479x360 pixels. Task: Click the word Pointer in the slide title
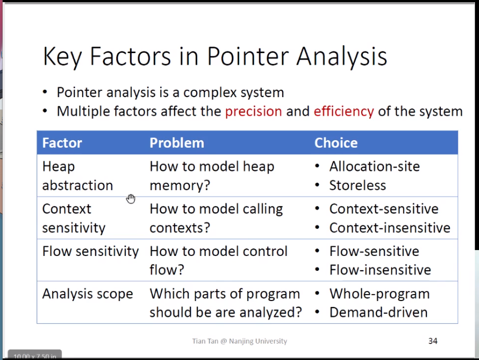tap(248, 56)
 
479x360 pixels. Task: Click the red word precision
tap(253, 112)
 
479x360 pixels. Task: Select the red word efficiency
tap(344, 112)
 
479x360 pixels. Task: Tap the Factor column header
tap(62, 143)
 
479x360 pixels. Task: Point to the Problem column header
tap(177, 143)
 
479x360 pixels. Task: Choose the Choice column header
tap(336, 143)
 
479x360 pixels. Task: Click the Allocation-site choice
tap(375, 166)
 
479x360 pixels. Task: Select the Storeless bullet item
tap(358, 185)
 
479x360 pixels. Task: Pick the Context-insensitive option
tap(390, 228)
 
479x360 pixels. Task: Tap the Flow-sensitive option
tap(374, 252)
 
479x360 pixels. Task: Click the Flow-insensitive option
tap(380, 270)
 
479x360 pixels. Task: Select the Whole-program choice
tap(379, 294)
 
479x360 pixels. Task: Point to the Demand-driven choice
tap(379, 312)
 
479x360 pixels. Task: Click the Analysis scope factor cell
tap(88, 294)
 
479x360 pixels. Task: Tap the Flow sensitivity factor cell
tap(90, 252)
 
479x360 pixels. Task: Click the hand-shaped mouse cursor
tap(130, 199)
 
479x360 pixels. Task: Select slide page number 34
tap(433, 341)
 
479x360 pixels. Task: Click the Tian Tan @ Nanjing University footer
tap(240, 341)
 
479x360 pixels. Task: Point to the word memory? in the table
tap(180, 186)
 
